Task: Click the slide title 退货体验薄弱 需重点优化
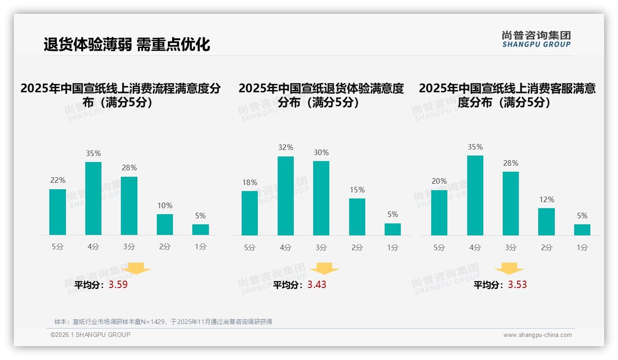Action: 127,44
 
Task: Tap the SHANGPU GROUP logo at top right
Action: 536,39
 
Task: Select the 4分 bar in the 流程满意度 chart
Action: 93,198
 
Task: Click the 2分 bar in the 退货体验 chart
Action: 357,217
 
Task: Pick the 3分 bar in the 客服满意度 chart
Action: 511,204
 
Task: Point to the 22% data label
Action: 58,180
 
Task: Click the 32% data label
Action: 285,148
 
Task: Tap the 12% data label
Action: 547,199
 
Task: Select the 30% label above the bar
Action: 321,152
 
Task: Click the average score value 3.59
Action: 118,285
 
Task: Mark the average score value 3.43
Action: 317,285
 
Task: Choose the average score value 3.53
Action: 517,285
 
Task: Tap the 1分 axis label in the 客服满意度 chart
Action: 582,248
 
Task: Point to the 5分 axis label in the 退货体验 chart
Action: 250,248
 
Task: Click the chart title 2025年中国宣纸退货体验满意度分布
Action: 321,95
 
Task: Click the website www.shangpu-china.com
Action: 537,335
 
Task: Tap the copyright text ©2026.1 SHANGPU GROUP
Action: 90,335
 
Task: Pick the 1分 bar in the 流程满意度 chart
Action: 201,230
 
